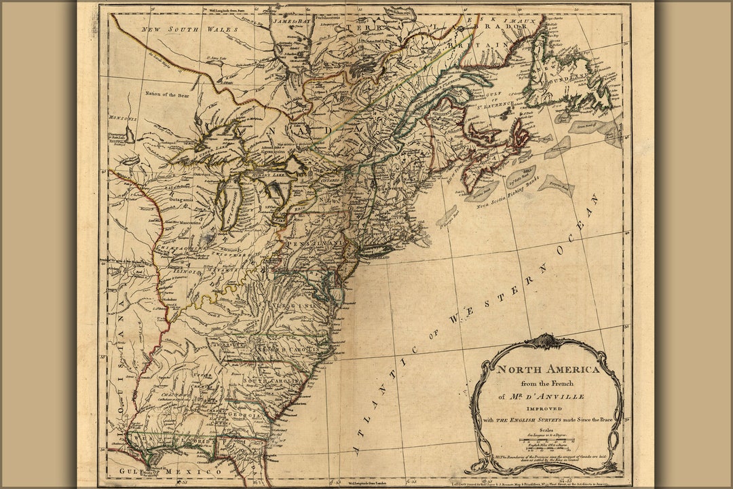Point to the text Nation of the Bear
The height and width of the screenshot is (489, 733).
pyautogui.click(x=167, y=95)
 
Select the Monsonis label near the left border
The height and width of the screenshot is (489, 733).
pyautogui.click(x=123, y=118)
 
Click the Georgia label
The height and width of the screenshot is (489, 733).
pyautogui.click(x=245, y=415)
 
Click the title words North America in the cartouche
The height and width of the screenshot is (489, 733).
pyautogui.click(x=548, y=370)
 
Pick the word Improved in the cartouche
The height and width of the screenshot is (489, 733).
pyautogui.click(x=546, y=409)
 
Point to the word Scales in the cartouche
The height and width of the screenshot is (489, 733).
pyautogui.click(x=546, y=430)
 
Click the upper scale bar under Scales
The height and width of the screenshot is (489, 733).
pyautogui.click(x=547, y=440)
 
